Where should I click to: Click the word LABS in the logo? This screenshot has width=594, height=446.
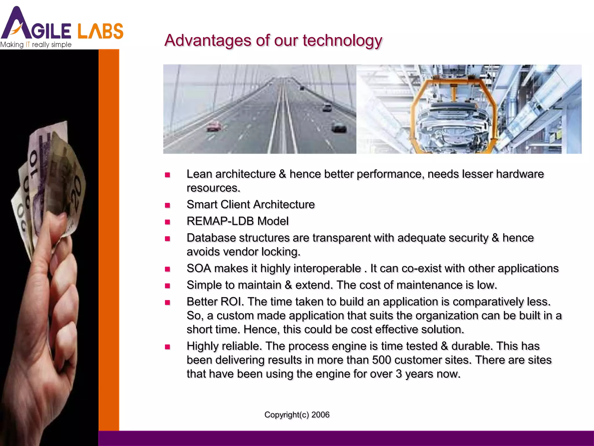pyautogui.click(x=100, y=31)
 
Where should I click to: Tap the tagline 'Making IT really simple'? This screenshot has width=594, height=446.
pyautogui.click(x=36, y=45)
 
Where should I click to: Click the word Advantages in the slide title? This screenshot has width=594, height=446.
pyautogui.click(x=208, y=40)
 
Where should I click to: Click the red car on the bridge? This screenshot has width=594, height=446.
pyautogui.click(x=214, y=126)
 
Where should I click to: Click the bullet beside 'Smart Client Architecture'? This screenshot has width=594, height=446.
pyautogui.click(x=167, y=205)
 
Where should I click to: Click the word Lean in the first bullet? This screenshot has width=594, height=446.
pyautogui.click(x=199, y=174)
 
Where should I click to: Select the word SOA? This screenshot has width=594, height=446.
pyautogui.click(x=199, y=268)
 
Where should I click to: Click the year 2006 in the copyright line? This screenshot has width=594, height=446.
pyautogui.click(x=320, y=415)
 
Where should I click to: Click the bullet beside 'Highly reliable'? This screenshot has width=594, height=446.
pyautogui.click(x=167, y=347)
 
